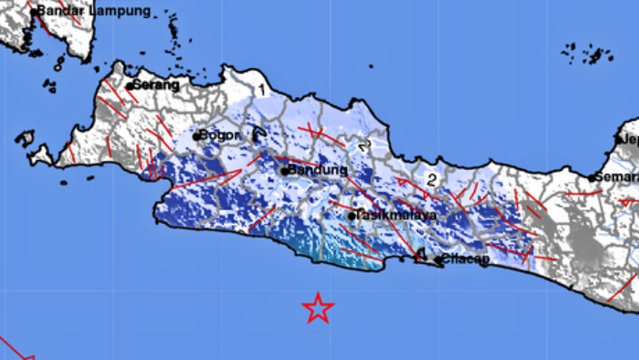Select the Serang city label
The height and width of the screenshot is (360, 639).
(155, 83)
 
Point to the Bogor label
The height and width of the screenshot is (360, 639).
(219, 135)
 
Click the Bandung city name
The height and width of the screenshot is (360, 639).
(319, 171)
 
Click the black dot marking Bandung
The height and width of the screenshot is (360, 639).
(286, 171)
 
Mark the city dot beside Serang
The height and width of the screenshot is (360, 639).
(129, 85)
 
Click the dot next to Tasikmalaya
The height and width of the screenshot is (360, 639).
(352, 216)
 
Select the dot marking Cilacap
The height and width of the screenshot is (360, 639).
(438, 260)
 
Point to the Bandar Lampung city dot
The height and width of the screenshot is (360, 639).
(33, 12)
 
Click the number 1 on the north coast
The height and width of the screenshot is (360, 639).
(261, 88)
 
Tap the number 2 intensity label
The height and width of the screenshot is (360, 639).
(432, 180)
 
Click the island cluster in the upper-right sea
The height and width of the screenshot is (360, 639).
(588, 54)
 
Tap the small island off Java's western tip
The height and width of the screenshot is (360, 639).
(25, 138)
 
